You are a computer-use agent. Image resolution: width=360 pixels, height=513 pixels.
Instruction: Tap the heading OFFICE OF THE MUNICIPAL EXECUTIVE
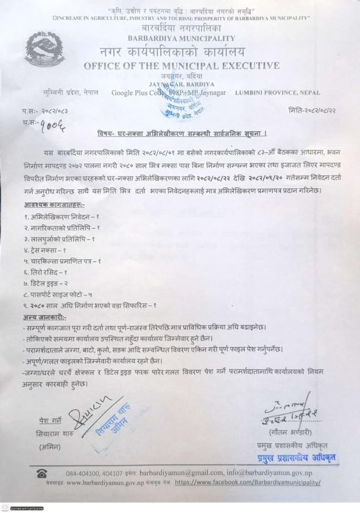click(181, 66)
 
